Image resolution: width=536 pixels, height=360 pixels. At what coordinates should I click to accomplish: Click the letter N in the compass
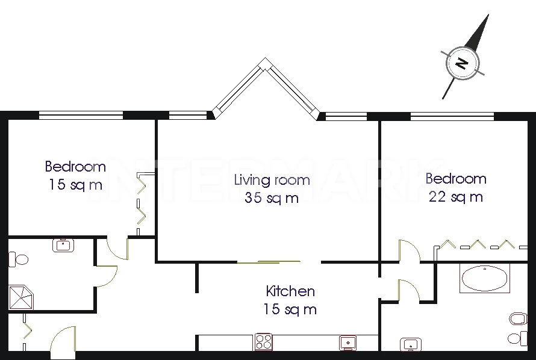(462, 64)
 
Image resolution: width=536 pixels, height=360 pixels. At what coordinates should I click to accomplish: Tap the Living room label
(272, 180)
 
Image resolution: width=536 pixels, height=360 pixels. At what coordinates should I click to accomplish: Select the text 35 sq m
(272, 198)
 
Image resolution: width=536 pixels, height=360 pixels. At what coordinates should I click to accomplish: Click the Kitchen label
(290, 291)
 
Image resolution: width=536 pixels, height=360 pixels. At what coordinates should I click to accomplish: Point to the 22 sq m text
(456, 197)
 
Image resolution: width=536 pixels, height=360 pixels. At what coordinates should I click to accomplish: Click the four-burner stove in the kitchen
(264, 341)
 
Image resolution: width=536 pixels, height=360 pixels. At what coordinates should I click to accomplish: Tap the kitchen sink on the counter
(348, 343)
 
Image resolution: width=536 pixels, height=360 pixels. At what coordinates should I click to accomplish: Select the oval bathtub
(485, 278)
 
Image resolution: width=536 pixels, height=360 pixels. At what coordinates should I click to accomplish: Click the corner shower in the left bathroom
(21, 297)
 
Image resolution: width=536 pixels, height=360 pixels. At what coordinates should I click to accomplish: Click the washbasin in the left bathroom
(63, 245)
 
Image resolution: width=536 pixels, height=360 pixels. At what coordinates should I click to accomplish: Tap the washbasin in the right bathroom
(411, 344)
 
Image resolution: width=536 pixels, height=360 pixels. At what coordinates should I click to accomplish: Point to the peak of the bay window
(266, 58)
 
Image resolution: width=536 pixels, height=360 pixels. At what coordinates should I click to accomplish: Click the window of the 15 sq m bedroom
(81, 115)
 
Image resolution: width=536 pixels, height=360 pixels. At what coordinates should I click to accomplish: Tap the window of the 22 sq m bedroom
(452, 116)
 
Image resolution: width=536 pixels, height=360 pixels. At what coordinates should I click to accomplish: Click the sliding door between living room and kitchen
(269, 262)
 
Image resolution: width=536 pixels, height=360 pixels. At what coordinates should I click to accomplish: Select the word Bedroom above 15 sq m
(75, 167)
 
